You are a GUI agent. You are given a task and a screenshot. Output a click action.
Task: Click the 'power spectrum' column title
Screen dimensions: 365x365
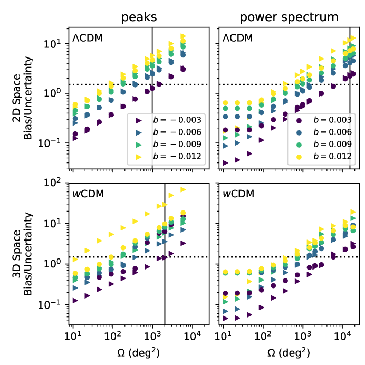tap(289, 17)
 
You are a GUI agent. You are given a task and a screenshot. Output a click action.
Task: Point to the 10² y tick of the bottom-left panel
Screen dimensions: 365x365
tap(59, 183)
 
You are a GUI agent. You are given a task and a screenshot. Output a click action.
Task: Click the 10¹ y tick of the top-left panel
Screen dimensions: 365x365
tap(59, 43)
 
